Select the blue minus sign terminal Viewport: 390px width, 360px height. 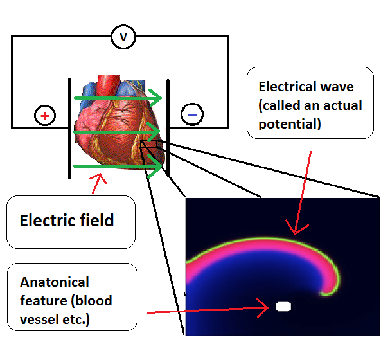tap(192, 114)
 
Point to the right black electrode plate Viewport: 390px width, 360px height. tap(168, 127)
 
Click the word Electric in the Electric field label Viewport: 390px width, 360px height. tap(48, 221)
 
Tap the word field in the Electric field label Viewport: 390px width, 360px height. tap(96, 221)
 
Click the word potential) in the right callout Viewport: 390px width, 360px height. tap(289, 123)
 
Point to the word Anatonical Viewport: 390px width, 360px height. tap(55, 282)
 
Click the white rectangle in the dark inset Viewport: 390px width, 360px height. tap(283, 306)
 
